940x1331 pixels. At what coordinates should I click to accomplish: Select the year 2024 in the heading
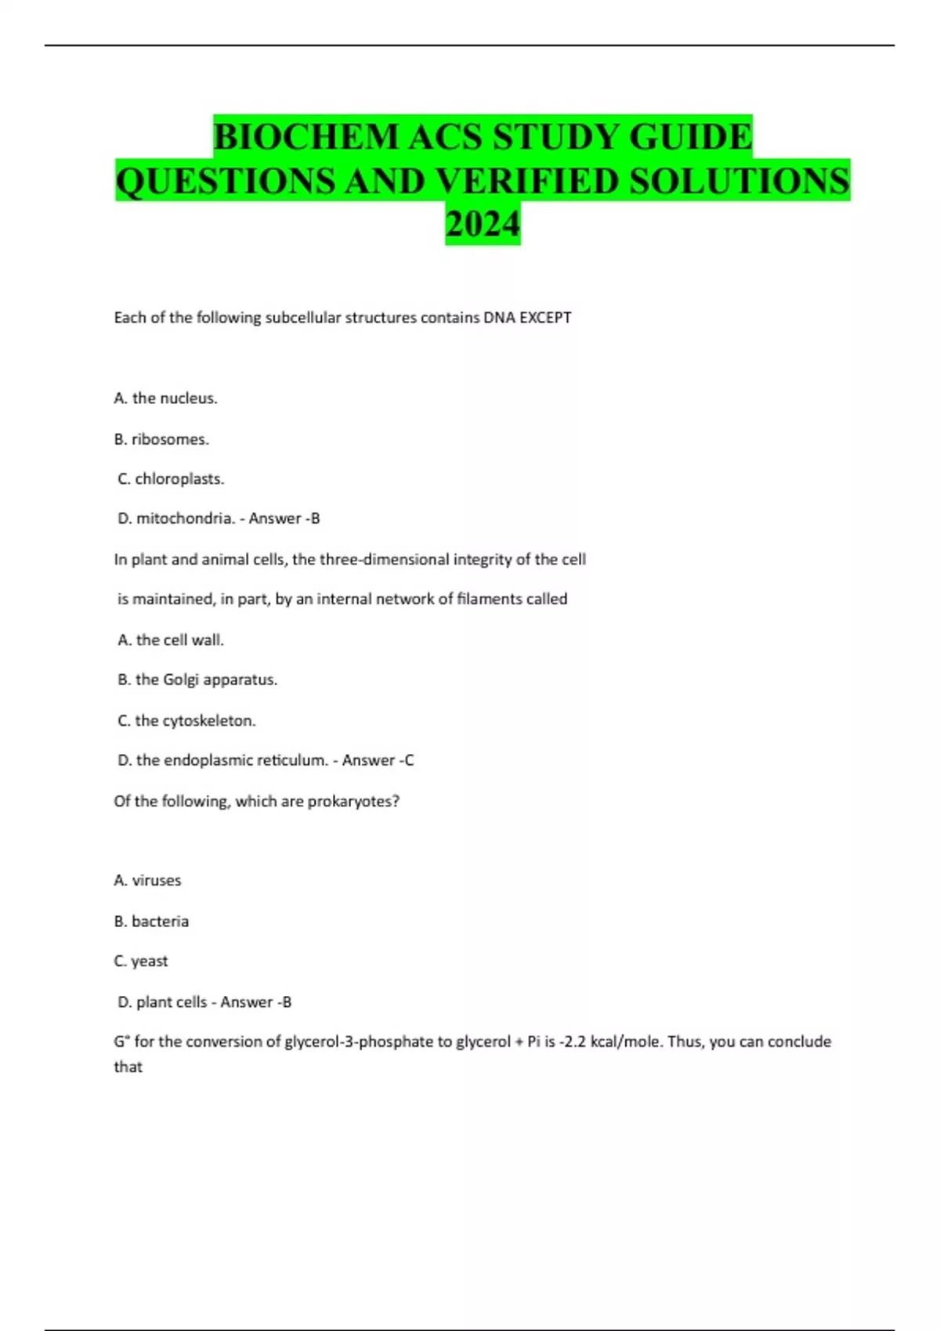click(x=483, y=225)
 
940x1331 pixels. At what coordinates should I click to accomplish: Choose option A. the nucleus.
click(x=165, y=399)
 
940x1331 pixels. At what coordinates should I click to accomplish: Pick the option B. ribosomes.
click(x=161, y=439)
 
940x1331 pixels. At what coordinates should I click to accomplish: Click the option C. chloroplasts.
click(x=171, y=479)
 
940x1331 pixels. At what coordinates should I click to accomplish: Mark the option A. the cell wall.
click(x=171, y=640)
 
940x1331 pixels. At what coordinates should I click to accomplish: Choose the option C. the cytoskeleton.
click(x=186, y=720)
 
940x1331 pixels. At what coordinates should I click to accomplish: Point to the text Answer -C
click(x=378, y=760)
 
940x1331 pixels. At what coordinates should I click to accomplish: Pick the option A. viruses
click(x=147, y=881)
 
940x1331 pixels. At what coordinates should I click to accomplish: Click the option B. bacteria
click(x=151, y=922)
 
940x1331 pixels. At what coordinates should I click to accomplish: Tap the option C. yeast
click(x=141, y=961)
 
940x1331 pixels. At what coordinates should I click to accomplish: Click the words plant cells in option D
click(x=172, y=1002)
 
